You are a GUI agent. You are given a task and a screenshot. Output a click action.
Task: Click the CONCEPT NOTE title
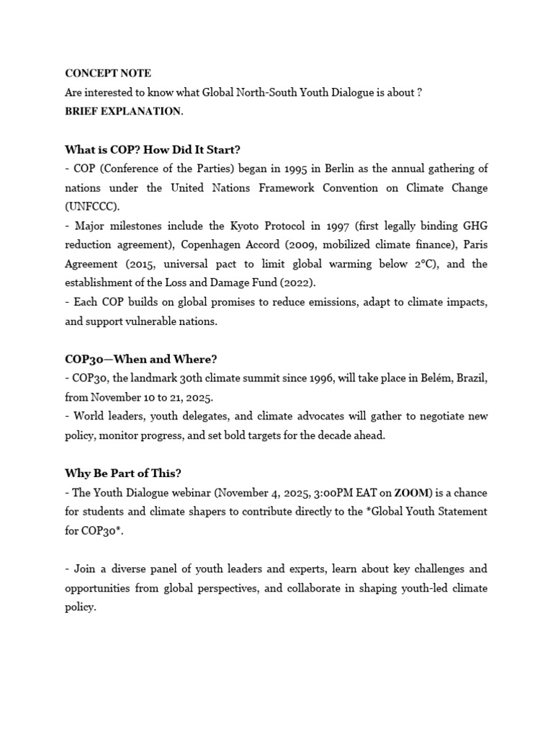click(x=108, y=74)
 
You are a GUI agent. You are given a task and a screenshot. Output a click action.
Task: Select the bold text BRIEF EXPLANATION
click(x=123, y=111)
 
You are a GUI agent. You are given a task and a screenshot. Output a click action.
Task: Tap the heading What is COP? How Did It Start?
click(x=152, y=150)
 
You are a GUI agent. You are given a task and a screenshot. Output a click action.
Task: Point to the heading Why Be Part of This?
click(x=123, y=473)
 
